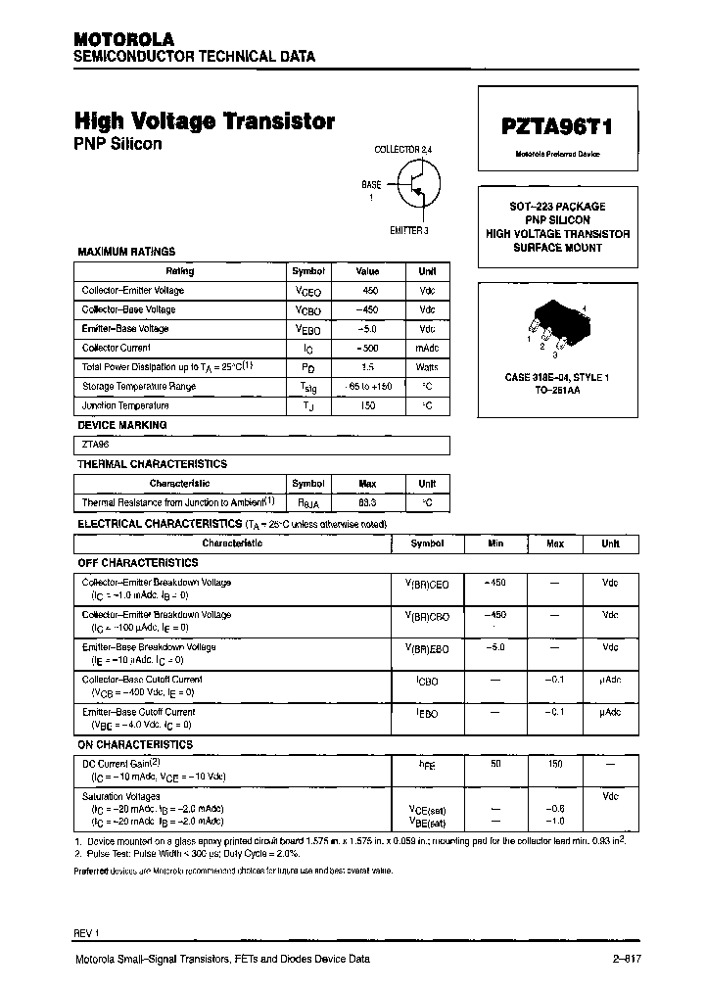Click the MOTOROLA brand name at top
pos(123,39)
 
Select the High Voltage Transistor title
pos(205,121)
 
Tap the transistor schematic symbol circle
pos(418,183)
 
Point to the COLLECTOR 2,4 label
pos(402,149)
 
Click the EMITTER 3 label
pos(409,230)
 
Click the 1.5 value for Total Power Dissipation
pos(367,366)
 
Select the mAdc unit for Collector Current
pos(427,348)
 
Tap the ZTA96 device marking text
pos(97,445)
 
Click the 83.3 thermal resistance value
pos(367,502)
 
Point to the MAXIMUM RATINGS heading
pos(126,252)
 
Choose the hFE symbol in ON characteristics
pos(427,765)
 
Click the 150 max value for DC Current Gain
pos(554,763)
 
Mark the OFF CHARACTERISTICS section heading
pos(137,563)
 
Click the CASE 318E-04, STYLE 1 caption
pos(556,377)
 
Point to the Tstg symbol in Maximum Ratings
pos(307,387)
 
